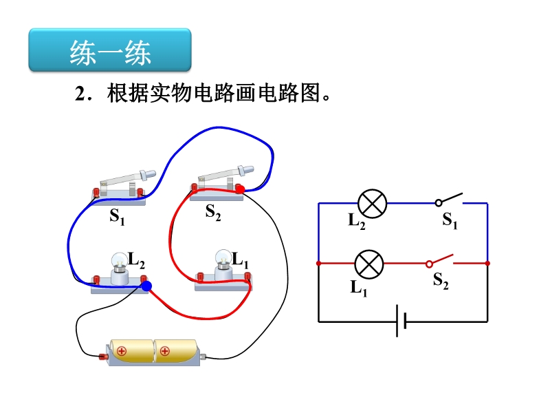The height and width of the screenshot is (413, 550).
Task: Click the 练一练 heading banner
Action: [109, 51]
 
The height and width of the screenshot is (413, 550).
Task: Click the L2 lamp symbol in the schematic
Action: [373, 203]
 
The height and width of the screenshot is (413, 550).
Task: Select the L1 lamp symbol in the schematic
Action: [368, 264]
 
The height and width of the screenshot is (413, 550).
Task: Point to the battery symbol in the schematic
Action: [402, 321]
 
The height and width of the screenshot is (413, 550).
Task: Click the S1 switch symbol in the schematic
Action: [450, 201]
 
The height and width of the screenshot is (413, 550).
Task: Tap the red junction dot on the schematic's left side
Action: [318, 264]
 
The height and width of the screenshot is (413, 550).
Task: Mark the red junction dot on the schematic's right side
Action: [487, 264]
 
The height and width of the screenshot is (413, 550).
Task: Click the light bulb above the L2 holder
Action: [120, 262]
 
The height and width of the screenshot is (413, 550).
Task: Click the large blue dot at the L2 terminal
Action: [146, 285]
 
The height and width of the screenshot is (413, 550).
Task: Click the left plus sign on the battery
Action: [122, 351]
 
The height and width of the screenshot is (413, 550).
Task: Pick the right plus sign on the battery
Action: [165, 351]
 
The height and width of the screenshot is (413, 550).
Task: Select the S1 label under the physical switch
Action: [117, 218]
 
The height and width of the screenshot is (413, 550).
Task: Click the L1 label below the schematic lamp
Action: [358, 287]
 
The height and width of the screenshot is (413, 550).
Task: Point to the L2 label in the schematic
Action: [357, 221]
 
